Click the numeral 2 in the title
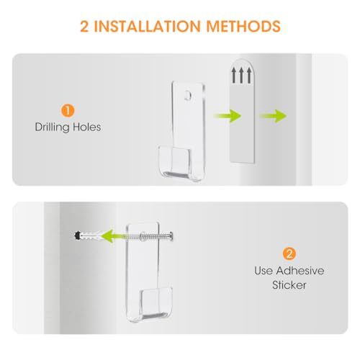tap(84, 26)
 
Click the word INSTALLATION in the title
tap(147, 26)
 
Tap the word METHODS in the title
tap(243, 26)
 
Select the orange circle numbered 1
tap(68, 111)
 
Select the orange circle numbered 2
tap(289, 253)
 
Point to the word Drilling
tap(52, 127)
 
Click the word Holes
tap(87, 127)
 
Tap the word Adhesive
tap(300, 271)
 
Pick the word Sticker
tap(289, 285)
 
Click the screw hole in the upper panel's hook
tap(188, 95)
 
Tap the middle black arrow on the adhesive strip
tap(241, 75)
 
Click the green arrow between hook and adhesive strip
tap(227, 116)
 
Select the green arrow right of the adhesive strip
tap(273, 116)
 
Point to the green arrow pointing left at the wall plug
tap(109, 236)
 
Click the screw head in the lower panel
tap(171, 236)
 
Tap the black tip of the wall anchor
tap(77, 235)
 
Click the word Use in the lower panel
tap(264, 271)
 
